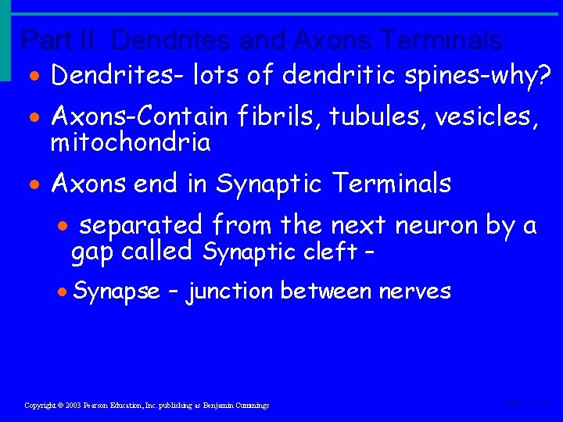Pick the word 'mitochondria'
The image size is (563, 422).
tap(131, 142)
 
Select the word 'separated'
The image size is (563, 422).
tap(142, 226)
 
